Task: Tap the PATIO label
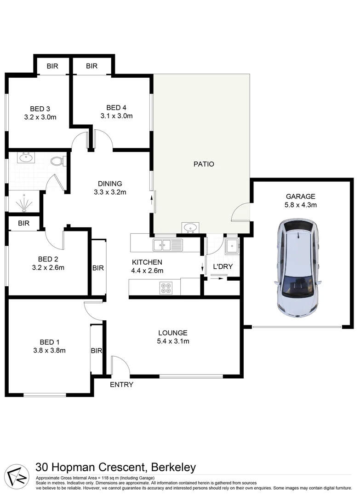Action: (x=204, y=164)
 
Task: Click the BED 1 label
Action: (x=50, y=342)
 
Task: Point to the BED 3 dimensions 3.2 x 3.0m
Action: (x=40, y=117)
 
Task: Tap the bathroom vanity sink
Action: (x=25, y=159)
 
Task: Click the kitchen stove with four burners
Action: (x=166, y=288)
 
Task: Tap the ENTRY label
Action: (x=121, y=385)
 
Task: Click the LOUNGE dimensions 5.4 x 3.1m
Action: (x=172, y=341)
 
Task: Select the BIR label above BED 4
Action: (x=91, y=66)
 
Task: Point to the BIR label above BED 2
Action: (x=23, y=224)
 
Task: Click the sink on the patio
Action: (x=190, y=227)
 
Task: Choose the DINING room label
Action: (x=109, y=184)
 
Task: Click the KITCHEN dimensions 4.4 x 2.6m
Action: (x=147, y=271)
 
